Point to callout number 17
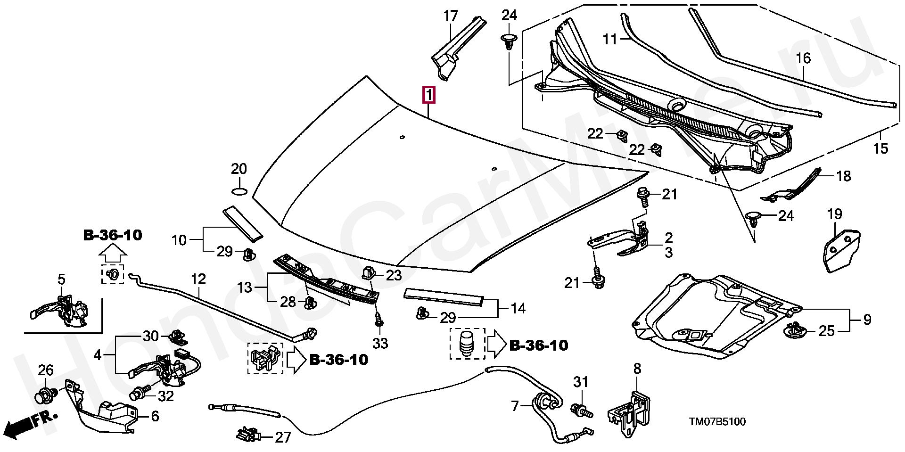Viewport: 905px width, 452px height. pos(451,16)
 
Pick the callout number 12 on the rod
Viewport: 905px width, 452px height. pos(198,279)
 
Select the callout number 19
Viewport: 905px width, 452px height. pos(834,214)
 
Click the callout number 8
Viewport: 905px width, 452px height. pos(637,369)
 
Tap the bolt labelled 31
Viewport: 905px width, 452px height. pos(582,411)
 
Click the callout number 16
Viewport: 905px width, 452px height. pos(803,58)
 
